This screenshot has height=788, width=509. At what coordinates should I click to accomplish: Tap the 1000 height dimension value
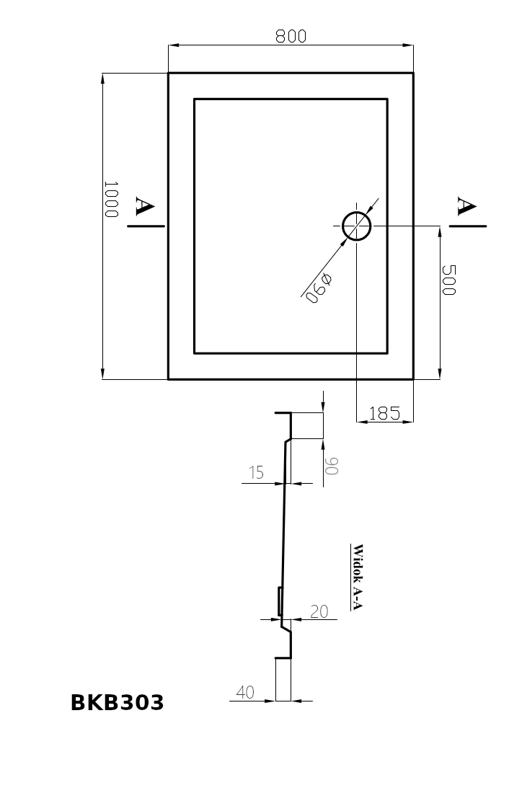[110, 200]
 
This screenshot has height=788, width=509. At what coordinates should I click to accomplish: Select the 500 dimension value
[448, 279]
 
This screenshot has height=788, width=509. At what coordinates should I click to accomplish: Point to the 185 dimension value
[384, 413]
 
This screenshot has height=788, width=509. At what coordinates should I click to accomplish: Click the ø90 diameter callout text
[317, 288]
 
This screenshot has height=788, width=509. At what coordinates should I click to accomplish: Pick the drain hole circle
[356, 226]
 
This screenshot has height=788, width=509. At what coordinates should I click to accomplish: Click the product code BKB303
[117, 703]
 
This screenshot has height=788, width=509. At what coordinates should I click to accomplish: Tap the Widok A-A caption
[356, 576]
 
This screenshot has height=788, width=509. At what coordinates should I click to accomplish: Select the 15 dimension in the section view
[256, 473]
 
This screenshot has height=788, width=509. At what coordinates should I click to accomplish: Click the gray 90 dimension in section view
[331, 465]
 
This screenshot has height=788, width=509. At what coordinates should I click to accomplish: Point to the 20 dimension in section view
[319, 611]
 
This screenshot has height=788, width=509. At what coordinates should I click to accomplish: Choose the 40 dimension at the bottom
[245, 692]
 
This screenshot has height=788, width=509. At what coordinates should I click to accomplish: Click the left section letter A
[144, 208]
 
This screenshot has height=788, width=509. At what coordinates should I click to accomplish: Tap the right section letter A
[466, 206]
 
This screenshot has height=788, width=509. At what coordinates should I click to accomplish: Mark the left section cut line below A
[146, 226]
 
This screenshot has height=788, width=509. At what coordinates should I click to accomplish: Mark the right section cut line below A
[468, 226]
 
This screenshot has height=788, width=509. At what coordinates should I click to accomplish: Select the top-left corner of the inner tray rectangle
[195, 99]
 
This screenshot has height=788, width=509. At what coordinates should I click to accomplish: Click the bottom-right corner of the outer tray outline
[413, 378]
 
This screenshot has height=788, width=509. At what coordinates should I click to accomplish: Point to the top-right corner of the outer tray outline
[413, 74]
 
